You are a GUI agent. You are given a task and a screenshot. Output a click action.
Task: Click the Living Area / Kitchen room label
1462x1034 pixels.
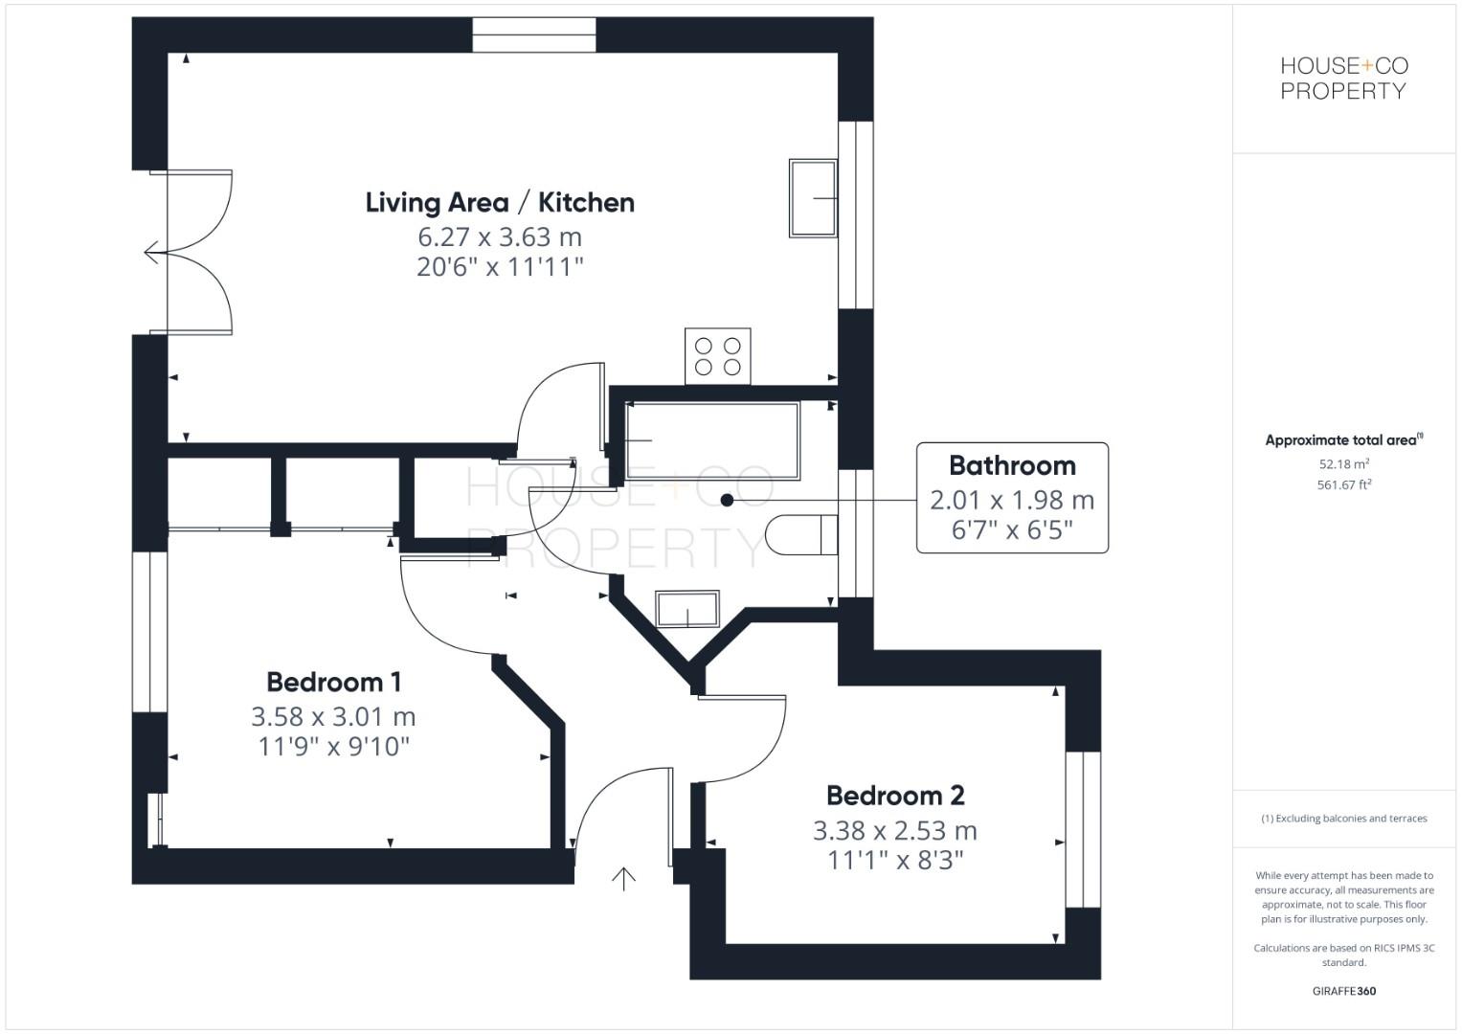point(500,203)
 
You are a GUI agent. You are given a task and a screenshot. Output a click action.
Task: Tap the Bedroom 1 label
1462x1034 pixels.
point(333,683)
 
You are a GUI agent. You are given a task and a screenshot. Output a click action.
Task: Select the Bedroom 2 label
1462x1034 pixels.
point(895,796)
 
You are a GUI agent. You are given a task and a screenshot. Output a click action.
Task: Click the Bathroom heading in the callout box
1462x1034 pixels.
point(1012,466)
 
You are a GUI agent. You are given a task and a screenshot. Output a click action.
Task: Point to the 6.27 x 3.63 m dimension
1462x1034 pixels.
point(500,236)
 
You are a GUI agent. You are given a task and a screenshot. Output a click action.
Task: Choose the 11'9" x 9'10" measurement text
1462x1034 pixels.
point(333,747)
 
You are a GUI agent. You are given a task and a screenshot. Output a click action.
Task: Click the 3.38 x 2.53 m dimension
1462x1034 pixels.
point(895,830)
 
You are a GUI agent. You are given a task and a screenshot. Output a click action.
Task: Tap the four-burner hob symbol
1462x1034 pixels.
point(718,356)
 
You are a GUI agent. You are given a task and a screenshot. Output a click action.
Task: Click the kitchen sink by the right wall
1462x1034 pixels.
point(813,198)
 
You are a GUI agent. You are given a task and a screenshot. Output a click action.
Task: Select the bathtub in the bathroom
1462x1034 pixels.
point(711,440)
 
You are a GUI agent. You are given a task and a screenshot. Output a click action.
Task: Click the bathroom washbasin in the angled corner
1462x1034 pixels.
point(686,610)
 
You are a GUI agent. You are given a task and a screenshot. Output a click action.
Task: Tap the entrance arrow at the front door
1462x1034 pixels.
point(623,878)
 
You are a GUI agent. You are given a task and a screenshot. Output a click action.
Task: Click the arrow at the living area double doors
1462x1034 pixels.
point(152,254)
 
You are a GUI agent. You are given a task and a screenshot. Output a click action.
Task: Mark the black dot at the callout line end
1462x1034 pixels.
point(727,500)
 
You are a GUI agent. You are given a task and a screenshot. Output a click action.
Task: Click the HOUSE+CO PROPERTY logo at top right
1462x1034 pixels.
point(1343,79)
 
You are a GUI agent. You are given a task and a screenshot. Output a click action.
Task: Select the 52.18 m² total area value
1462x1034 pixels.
point(1343,464)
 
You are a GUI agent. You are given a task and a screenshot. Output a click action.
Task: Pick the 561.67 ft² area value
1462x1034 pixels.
point(1343,485)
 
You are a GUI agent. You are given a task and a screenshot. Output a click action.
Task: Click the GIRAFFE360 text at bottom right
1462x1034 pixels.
point(1343,991)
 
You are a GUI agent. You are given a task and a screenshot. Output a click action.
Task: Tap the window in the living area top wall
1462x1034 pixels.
point(534,35)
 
